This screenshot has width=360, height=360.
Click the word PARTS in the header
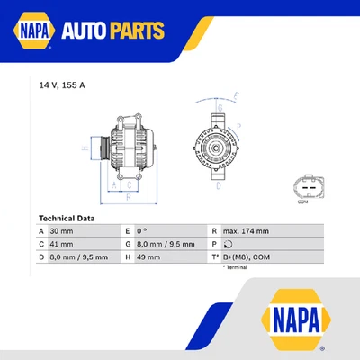point(140,32)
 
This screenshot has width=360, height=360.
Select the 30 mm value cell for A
point(63,230)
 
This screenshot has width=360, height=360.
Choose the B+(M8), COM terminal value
point(247,256)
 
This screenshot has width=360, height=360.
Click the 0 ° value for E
point(142,230)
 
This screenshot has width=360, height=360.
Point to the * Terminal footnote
point(237,267)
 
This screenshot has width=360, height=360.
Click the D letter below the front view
point(218,187)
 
